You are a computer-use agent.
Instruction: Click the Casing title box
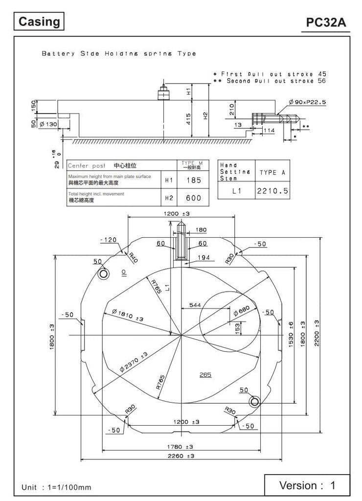click(40, 22)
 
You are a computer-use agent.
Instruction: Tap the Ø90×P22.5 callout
click(307, 102)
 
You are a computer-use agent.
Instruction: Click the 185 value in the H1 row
click(194, 180)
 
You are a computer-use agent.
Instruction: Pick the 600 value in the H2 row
click(194, 198)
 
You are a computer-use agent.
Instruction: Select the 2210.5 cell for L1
click(272, 191)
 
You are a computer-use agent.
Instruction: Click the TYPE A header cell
click(272, 172)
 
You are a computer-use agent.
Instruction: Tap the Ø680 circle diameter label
click(241, 312)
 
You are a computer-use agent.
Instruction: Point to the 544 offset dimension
click(195, 305)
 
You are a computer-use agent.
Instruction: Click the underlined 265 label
click(205, 375)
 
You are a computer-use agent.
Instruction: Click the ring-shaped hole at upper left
click(103, 274)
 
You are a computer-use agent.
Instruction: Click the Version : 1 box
click(307, 485)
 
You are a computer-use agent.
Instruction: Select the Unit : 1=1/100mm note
click(56, 487)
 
